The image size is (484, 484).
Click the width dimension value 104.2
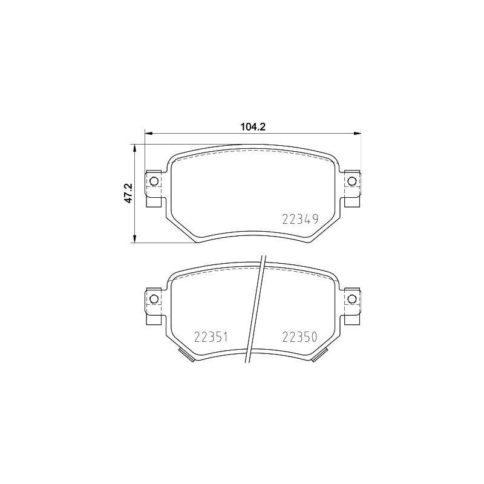point(253,126)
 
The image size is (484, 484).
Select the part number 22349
point(300,220)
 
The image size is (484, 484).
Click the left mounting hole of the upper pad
point(154,181)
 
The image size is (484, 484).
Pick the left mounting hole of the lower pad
point(154,298)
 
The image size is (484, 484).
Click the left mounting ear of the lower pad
point(155,305)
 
